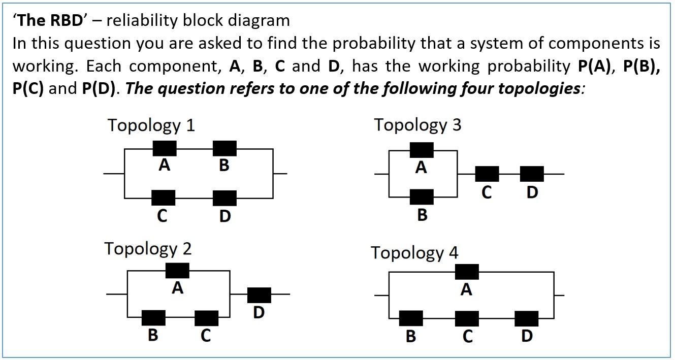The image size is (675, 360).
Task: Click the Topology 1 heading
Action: point(151,125)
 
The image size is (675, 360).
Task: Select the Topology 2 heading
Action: point(148,249)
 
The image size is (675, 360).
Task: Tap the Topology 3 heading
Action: point(417,124)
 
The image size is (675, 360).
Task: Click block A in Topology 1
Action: point(165,148)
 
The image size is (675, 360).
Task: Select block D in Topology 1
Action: point(224,198)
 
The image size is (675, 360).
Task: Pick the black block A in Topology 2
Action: point(177,271)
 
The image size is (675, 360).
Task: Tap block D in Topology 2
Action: point(259,295)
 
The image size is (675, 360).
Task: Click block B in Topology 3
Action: point(422,197)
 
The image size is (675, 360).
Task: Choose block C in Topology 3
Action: point(487,174)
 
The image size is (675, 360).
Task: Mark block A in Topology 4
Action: point(466,272)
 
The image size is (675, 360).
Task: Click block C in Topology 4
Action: point(466,319)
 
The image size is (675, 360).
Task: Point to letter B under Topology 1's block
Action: point(224,166)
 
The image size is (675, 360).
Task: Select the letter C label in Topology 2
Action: point(206,336)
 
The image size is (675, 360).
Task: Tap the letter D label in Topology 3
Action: point(532,192)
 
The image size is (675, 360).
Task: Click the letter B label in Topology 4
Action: point(411,336)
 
